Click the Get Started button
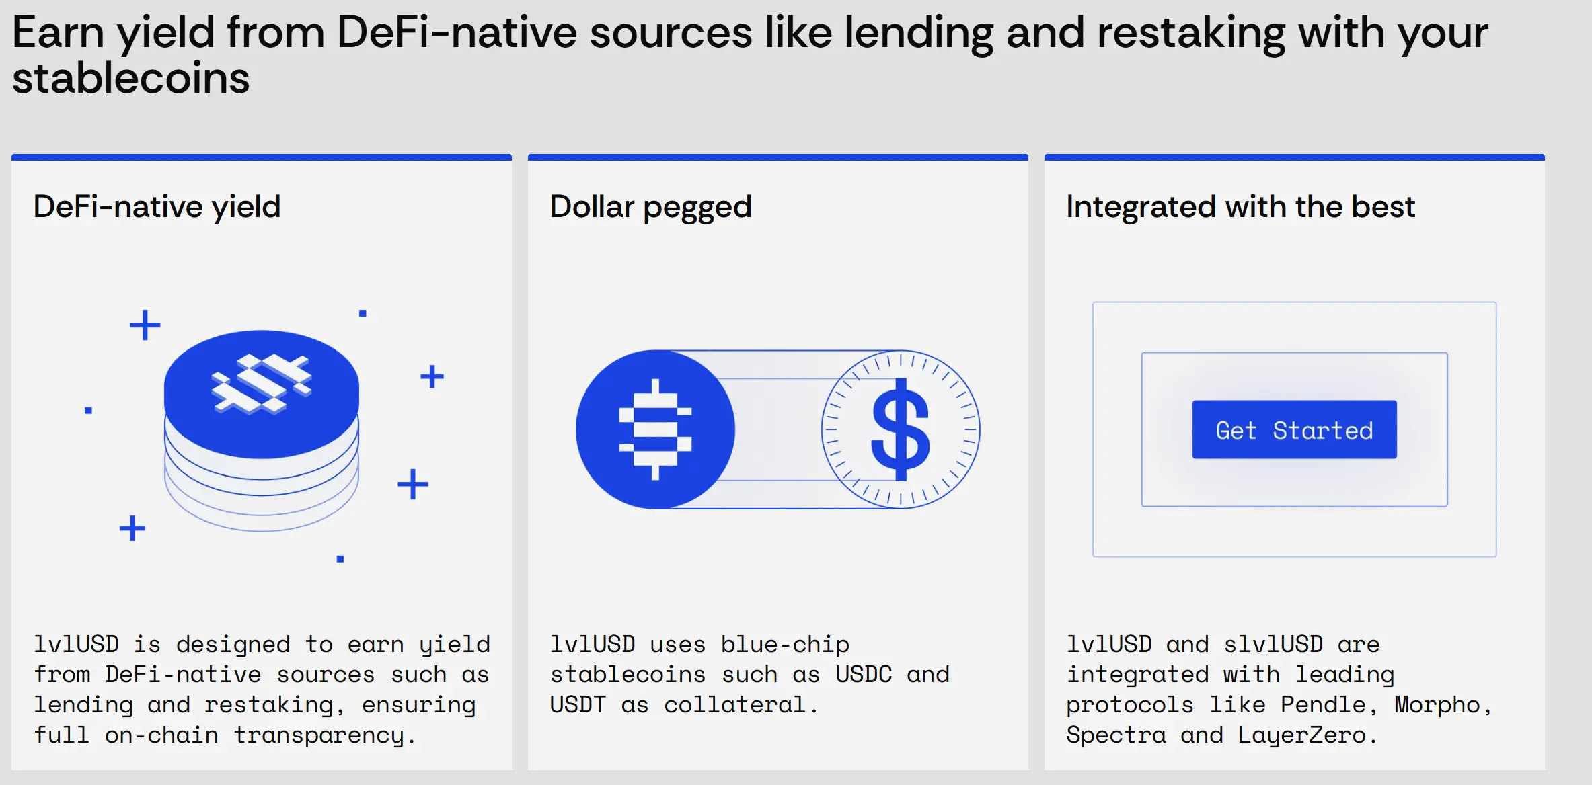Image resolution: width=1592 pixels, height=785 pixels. point(1294,429)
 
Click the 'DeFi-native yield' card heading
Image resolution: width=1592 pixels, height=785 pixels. point(157,207)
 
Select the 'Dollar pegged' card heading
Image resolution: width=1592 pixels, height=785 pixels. point(650,207)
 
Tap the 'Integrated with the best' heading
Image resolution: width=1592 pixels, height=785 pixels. point(1240,206)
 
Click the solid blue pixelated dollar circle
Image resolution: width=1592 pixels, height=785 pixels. point(655,429)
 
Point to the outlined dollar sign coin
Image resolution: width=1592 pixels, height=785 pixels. point(901,429)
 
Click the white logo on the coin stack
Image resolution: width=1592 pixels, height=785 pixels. point(262,384)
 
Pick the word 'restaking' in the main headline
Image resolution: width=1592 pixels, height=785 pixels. point(1191,33)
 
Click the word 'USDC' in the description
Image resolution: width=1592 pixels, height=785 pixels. point(864,674)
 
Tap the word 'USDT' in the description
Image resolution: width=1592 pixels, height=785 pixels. point(578,704)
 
